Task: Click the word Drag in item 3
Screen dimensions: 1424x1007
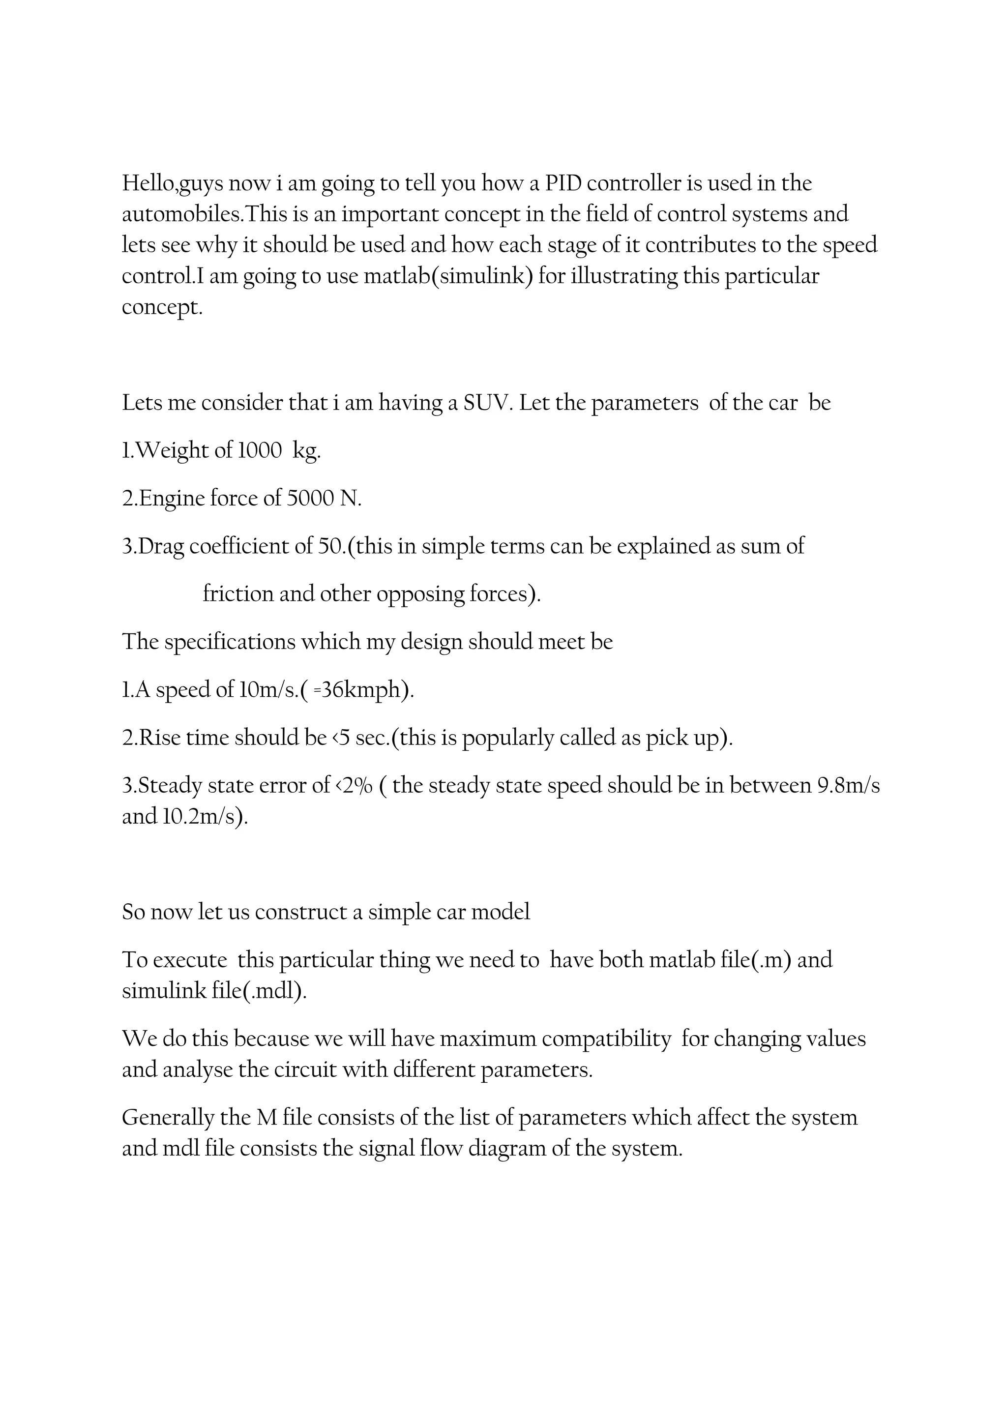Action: [x=161, y=547]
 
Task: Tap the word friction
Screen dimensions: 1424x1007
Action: [x=238, y=594]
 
